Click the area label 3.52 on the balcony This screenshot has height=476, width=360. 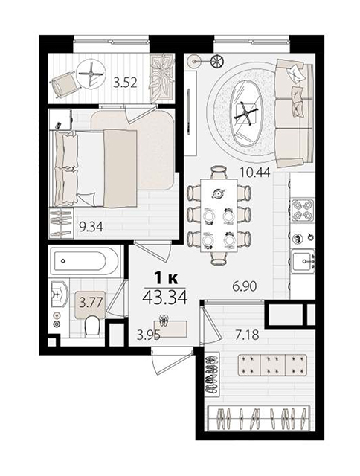point(125,83)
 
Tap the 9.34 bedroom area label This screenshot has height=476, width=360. point(91,226)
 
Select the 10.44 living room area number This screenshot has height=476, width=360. point(254,173)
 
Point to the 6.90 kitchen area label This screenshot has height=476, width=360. point(245,286)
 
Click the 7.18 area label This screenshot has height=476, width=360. point(247,335)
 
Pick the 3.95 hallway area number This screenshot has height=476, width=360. point(149,335)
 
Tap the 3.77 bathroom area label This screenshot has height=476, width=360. point(90,303)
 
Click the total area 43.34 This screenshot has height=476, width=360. point(164,297)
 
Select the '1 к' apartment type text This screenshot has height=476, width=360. point(166,278)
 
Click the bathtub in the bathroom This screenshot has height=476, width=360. point(84,261)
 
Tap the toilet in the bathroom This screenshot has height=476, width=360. point(92,326)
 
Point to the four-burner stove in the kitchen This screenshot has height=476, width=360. point(303,210)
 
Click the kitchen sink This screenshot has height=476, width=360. point(303,260)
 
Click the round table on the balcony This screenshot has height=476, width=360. point(91,74)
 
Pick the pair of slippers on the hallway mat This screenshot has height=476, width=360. point(165,321)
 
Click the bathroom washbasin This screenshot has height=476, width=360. point(58,295)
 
